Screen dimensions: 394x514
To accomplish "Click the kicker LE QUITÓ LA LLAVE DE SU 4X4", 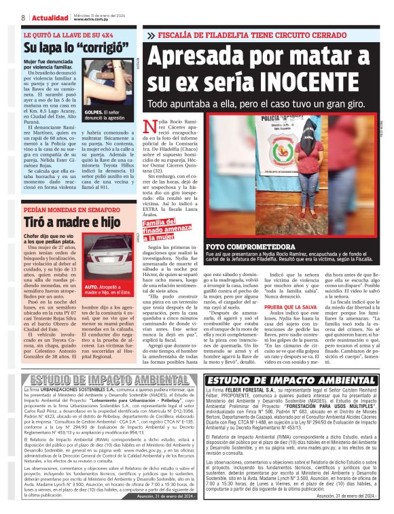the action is click(x=65, y=33).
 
